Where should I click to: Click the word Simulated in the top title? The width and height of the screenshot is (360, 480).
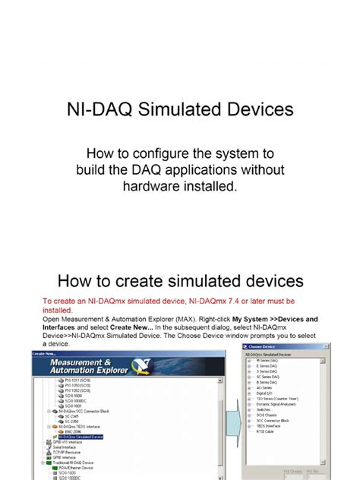pyautogui.click(x=191, y=110)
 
